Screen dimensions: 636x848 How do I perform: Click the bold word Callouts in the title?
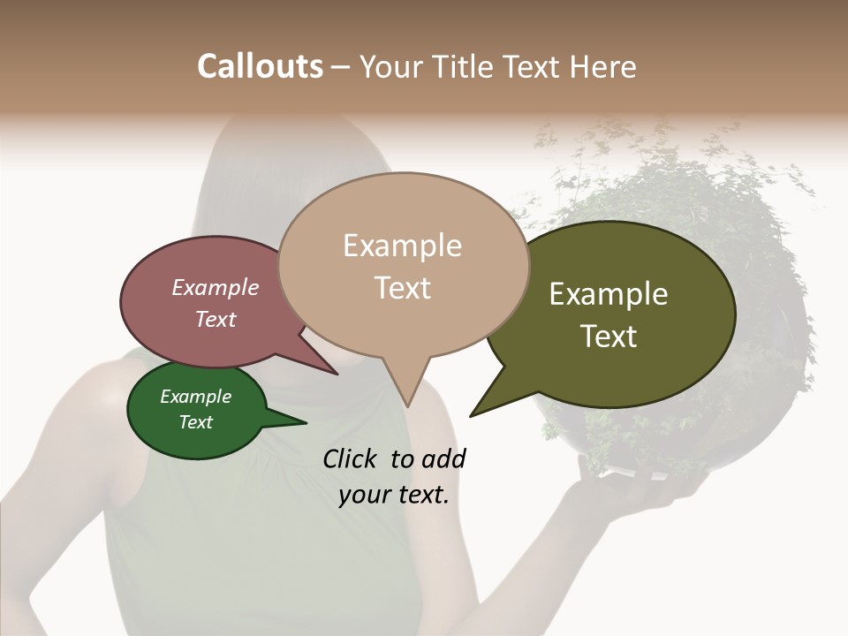click(260, 66)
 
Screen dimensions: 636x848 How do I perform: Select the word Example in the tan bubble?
click(402, 246)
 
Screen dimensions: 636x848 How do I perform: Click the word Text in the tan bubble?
click(402, 288)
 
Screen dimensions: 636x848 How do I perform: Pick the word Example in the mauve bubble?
click(215, 287)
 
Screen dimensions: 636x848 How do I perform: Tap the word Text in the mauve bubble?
click(215, 319)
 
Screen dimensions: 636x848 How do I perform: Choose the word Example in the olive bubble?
click(609, 294)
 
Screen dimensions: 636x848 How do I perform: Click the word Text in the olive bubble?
click(609, 337)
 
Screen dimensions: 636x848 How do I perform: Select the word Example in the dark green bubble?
click(195, 397)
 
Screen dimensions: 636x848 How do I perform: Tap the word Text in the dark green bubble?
click(195, 422)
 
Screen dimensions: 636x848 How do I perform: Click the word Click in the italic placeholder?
click(350, 458)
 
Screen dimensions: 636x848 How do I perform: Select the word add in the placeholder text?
click(443, 458)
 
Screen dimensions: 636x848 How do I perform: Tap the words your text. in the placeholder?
click(394, 495)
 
